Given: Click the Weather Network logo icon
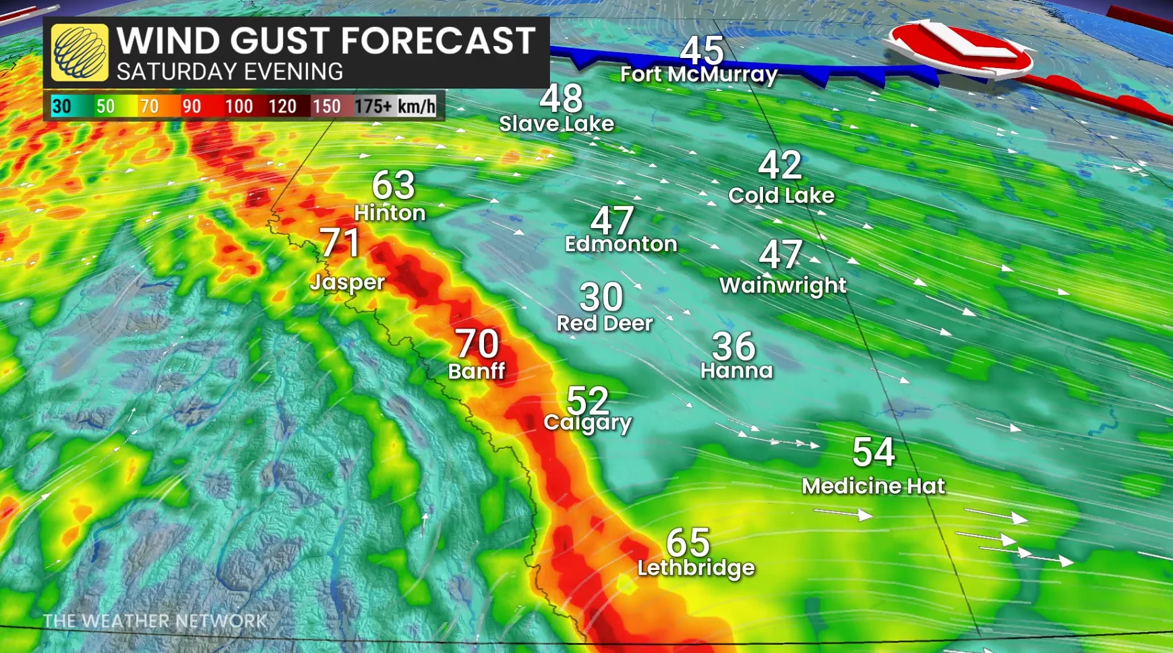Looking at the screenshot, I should click(80, 53).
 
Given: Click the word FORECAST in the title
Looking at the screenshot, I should click(438, 40).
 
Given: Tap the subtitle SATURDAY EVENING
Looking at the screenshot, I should click(230, 72).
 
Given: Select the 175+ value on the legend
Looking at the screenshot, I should click(373, 107).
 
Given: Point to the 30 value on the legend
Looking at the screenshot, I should click(62, 107).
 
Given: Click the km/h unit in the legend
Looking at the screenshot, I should click(417, 107).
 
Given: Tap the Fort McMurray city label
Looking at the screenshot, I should click(698, 74).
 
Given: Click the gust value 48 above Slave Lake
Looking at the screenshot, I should click(561, 98).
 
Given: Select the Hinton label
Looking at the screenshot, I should click(390, 213).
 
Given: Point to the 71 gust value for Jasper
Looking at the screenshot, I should click(340, 243).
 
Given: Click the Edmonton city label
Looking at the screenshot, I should click(621, 244).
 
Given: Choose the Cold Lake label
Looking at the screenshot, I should click(781, 196).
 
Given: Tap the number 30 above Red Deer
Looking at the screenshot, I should click(601, 297).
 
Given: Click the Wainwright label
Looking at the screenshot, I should click(783, 285).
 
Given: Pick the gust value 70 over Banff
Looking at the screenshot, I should click(477, 344).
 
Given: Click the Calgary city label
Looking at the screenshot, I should click(587, 423).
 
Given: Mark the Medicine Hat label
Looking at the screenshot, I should click(873, 486).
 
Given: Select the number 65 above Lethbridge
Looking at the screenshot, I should click(688, 542).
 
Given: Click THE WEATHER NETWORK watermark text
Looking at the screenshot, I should click(155, 621).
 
